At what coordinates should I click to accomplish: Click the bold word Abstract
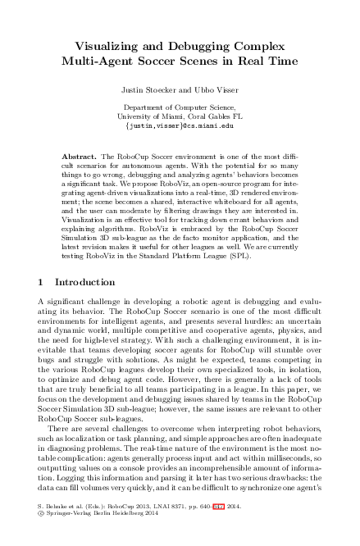80,156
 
